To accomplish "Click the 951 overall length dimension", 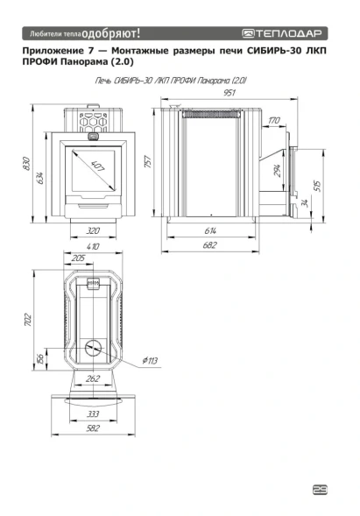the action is tap(229, 93).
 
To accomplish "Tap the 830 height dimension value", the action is tap(27, 164).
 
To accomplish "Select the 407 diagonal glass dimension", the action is tap(98, 166).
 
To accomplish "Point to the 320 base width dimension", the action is tap(93, 230).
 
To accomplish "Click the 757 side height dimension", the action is tap(148, 161).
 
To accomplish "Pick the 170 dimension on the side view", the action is tap(274, 120).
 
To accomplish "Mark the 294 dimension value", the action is tap(278, 171).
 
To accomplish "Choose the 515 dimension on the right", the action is tap(318, 187).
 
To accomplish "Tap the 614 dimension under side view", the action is tap(210, 230).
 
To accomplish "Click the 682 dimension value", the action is tap(210, 245).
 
